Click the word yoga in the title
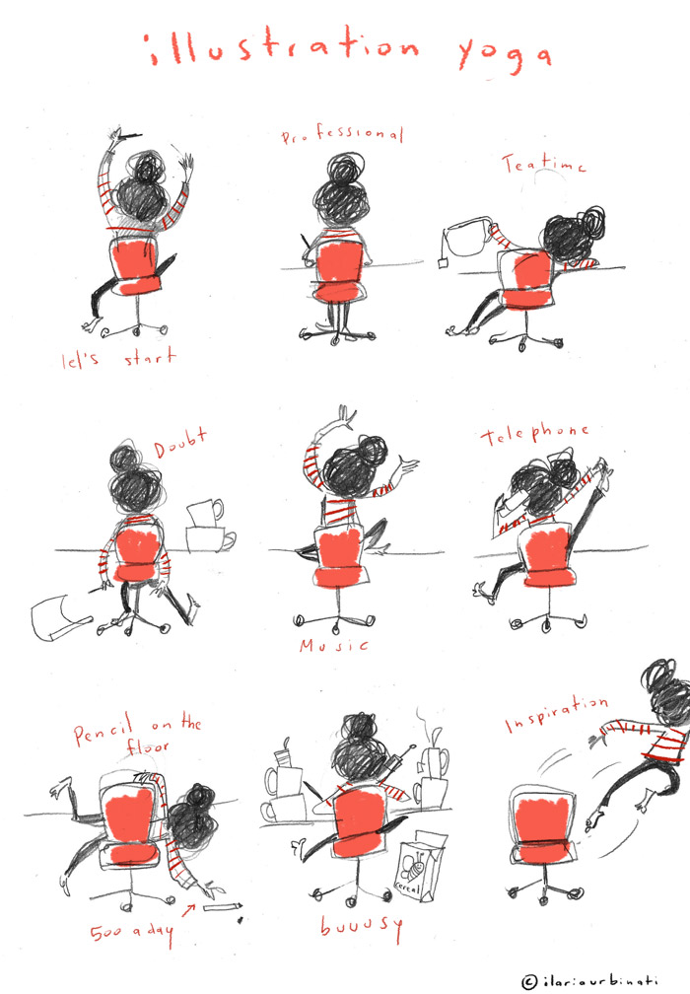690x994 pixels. point(505,55)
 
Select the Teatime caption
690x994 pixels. point(544,164)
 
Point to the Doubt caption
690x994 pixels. point(180,443)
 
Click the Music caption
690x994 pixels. point(334,645)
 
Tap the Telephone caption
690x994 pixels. point(534,434)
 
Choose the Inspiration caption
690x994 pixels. point(556,713)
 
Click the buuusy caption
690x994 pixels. point(361,927)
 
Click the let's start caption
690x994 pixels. point(118,358)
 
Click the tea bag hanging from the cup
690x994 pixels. point(443,261)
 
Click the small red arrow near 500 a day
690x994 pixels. point(188,910)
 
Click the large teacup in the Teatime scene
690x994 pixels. point(470,237)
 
